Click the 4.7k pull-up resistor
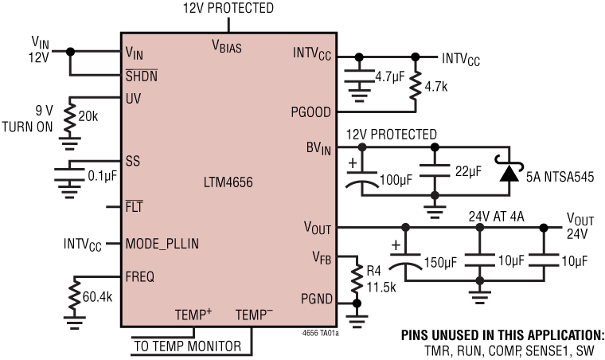(415, 85)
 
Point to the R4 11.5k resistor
(354, 279)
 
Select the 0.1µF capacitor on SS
(70, 173)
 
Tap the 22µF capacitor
(435, 171)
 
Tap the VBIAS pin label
(226, 45)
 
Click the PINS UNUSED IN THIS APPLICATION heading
(502, 335)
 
